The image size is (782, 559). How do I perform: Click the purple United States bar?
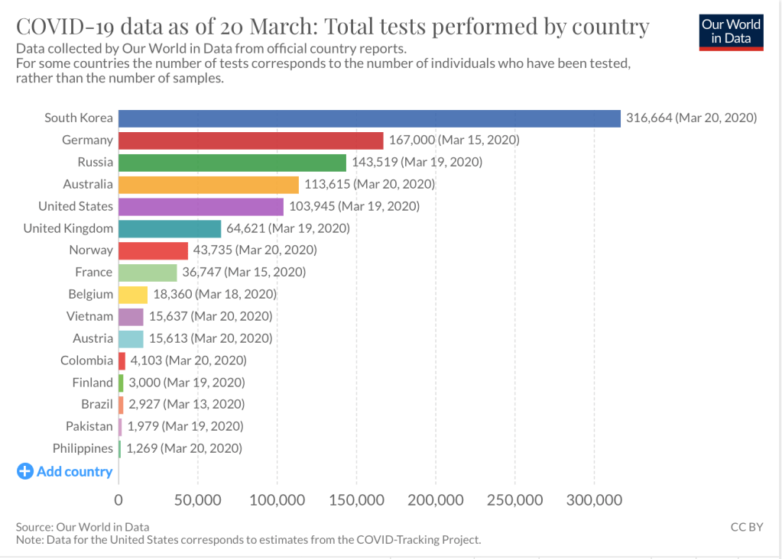201,206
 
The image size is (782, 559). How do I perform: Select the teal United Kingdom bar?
170,228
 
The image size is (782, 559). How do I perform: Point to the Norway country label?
91,250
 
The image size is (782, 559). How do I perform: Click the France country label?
93,272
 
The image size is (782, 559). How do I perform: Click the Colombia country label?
86,360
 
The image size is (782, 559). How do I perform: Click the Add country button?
65,471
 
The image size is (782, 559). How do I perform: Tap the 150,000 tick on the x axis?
355,500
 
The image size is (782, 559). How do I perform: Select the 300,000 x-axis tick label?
594,500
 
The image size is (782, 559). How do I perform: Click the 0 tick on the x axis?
118,500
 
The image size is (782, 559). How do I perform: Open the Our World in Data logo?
732,31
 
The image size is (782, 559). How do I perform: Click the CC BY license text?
747,527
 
